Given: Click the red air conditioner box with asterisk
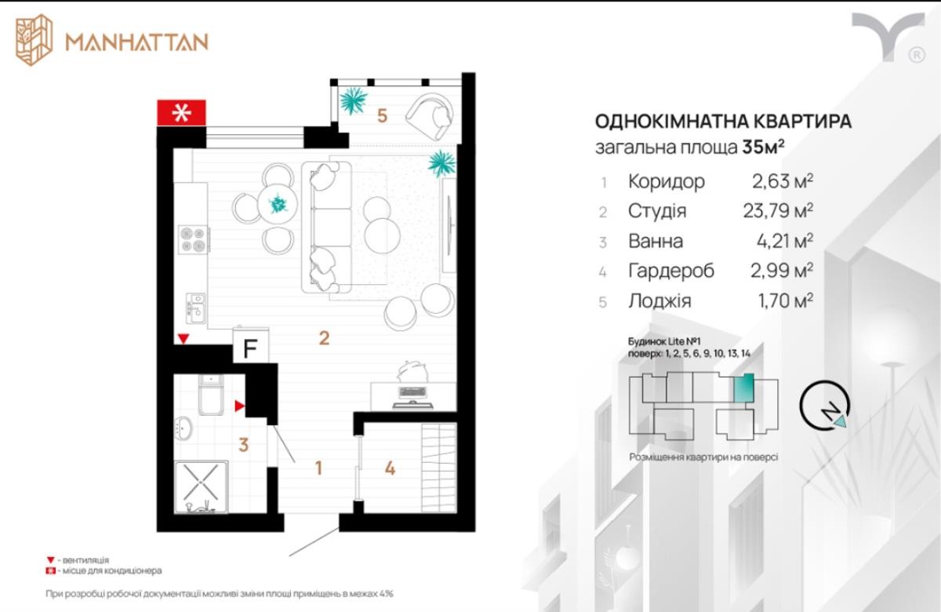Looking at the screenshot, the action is (x=181, y=113).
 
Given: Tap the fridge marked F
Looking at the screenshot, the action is (x=251, y=345).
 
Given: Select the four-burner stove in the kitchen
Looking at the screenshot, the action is (x=193, y=239).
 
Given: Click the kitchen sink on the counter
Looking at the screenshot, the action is (x=196, y=308).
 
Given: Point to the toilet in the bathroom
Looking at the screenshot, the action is (x=211, y=394).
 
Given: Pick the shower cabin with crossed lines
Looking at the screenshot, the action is (x=202, y=487).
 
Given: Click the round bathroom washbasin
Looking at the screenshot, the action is (x=183, y=428).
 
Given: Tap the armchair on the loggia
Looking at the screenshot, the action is (x=430, y=116).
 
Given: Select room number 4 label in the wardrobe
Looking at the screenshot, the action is (x=390, y=468).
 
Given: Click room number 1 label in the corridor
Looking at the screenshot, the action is (x=319, y=468).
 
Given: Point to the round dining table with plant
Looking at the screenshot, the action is (x=278, y=205).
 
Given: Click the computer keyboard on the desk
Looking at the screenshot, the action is (x=412, y=392).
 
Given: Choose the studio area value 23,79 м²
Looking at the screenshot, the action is (x=778, y=210).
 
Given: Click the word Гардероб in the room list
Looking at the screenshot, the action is (x=671, y=270).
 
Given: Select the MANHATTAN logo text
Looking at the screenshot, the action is (x=137, y=42).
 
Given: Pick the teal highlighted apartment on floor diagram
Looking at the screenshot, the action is (x=743, y=387).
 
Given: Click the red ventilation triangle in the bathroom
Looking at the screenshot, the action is (x=239, y=406).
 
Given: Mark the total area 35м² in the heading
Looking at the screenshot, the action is (x=763, y=148).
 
